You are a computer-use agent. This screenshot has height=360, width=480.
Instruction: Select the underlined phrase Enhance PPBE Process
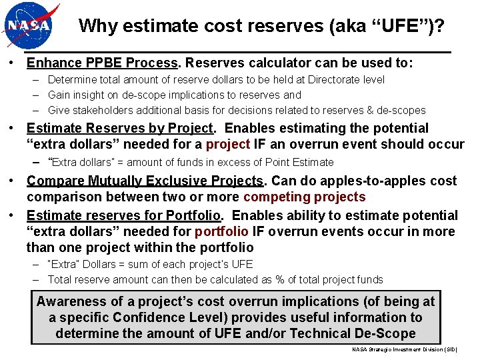pos(103,63)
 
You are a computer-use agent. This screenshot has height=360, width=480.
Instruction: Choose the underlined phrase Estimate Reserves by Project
pos(120,128)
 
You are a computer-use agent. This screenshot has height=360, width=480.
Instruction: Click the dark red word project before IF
pos(227,145)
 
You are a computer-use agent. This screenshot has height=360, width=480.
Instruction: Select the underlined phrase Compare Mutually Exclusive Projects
pos(145,181)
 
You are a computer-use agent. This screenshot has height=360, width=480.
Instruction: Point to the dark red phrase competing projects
pos(304,197)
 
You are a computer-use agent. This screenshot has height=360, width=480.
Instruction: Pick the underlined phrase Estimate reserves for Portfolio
pos(124,215)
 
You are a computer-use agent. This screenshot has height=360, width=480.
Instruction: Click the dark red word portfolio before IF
pos(221,232)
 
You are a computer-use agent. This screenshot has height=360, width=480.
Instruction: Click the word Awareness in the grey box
pos(71,301)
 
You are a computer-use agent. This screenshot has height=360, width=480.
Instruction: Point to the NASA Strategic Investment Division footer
pos(405,349)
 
